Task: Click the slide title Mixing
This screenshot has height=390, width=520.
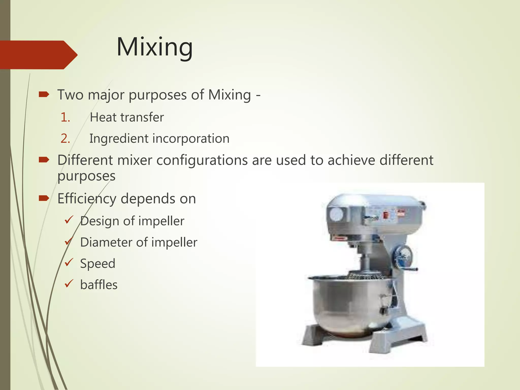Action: [154, 47]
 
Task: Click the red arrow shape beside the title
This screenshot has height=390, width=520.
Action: [38, 55]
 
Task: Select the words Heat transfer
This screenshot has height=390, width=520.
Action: [126, 118]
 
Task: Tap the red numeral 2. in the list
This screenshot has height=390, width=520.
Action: [65, 139]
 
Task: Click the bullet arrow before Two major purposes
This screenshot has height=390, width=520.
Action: [44, 95]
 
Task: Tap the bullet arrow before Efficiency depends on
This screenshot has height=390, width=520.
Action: [44, 198]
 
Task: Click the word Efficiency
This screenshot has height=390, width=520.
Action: [87, 199]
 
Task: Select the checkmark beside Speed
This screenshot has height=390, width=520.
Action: [69, 262]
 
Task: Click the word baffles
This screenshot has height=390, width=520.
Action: [99, 285]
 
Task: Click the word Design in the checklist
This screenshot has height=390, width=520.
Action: [99, 221]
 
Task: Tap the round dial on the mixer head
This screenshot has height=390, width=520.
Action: [336, 215]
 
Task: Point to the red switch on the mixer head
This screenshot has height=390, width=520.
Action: [385, 215]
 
